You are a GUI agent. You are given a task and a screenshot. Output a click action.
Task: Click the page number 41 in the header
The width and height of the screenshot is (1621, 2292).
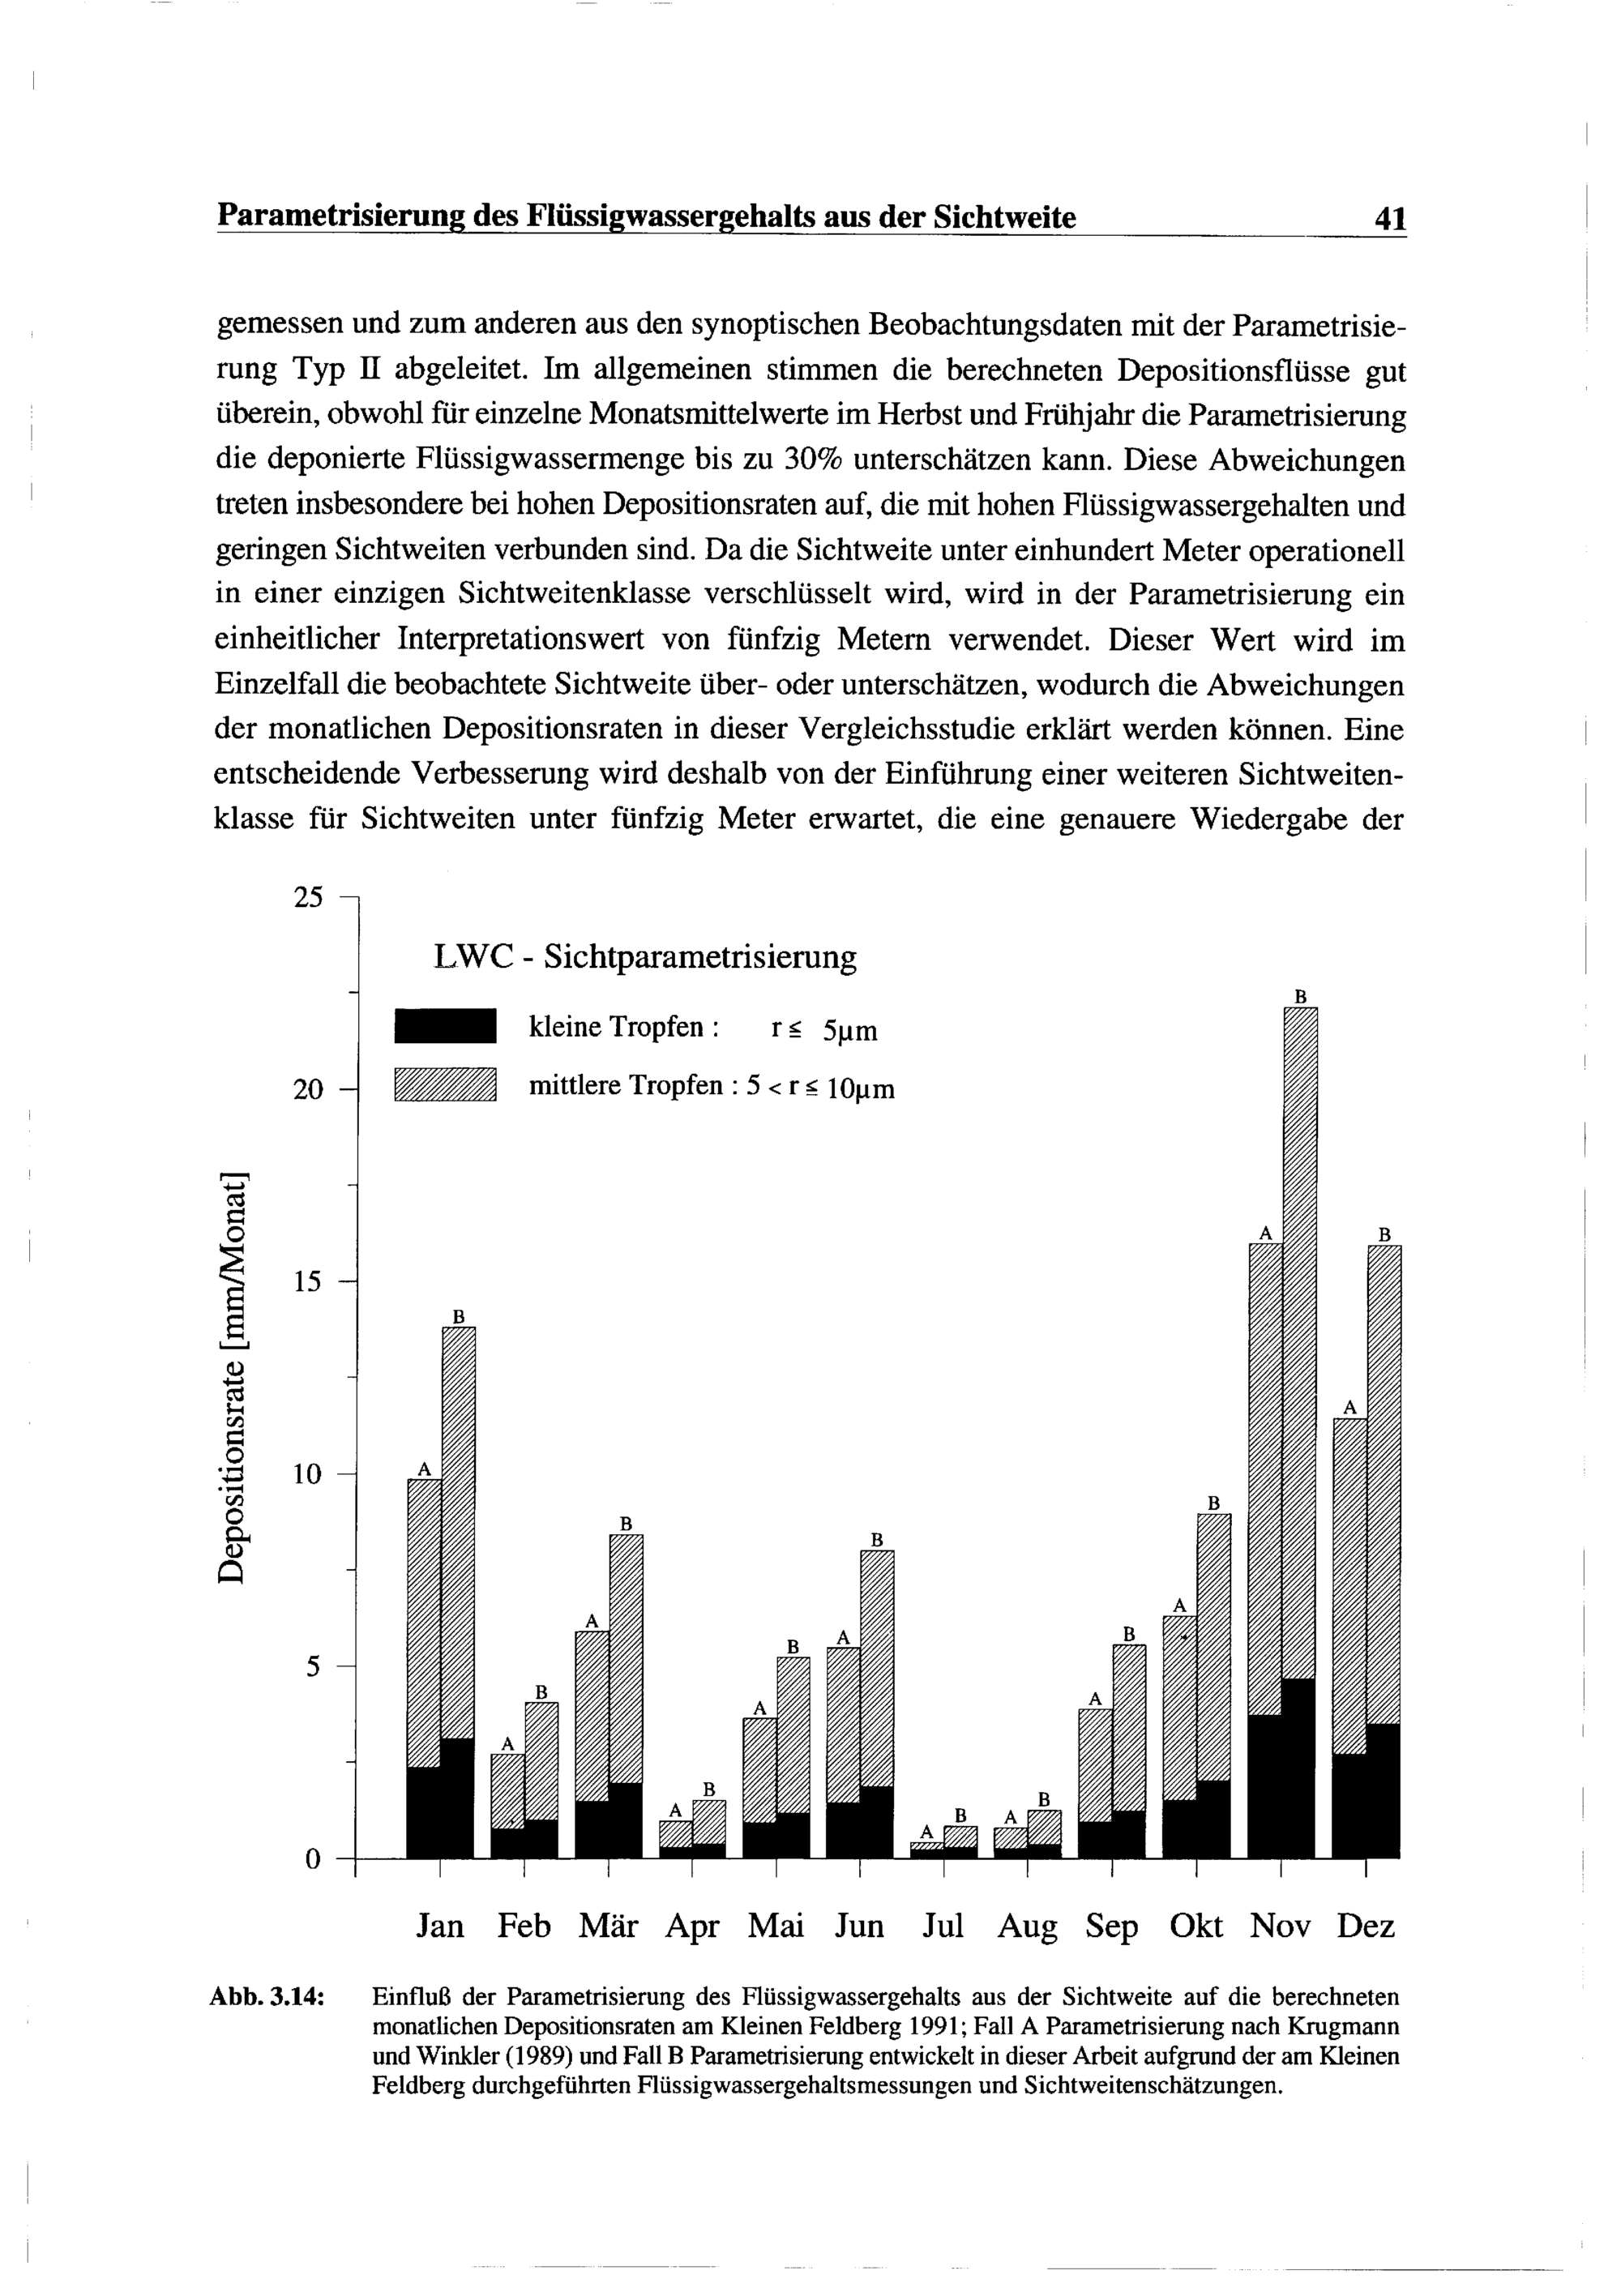1389,218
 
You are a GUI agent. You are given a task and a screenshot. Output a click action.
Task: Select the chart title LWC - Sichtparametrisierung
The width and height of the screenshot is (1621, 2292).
645,957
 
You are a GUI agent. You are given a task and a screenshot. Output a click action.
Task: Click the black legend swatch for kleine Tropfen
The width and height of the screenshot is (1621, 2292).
445,1026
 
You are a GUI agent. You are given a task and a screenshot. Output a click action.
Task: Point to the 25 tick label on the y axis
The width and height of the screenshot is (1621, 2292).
310,897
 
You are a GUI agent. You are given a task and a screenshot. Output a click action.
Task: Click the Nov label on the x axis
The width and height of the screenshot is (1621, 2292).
1281,1926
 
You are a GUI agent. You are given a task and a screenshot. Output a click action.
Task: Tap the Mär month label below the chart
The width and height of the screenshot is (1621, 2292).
609,1926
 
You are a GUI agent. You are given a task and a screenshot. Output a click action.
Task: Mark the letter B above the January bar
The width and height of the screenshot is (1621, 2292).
460,1317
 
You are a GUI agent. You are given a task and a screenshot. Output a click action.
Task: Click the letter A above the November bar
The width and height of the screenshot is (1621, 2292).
1266,1233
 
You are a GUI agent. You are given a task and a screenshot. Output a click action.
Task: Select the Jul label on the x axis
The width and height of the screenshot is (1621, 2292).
943,1926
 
